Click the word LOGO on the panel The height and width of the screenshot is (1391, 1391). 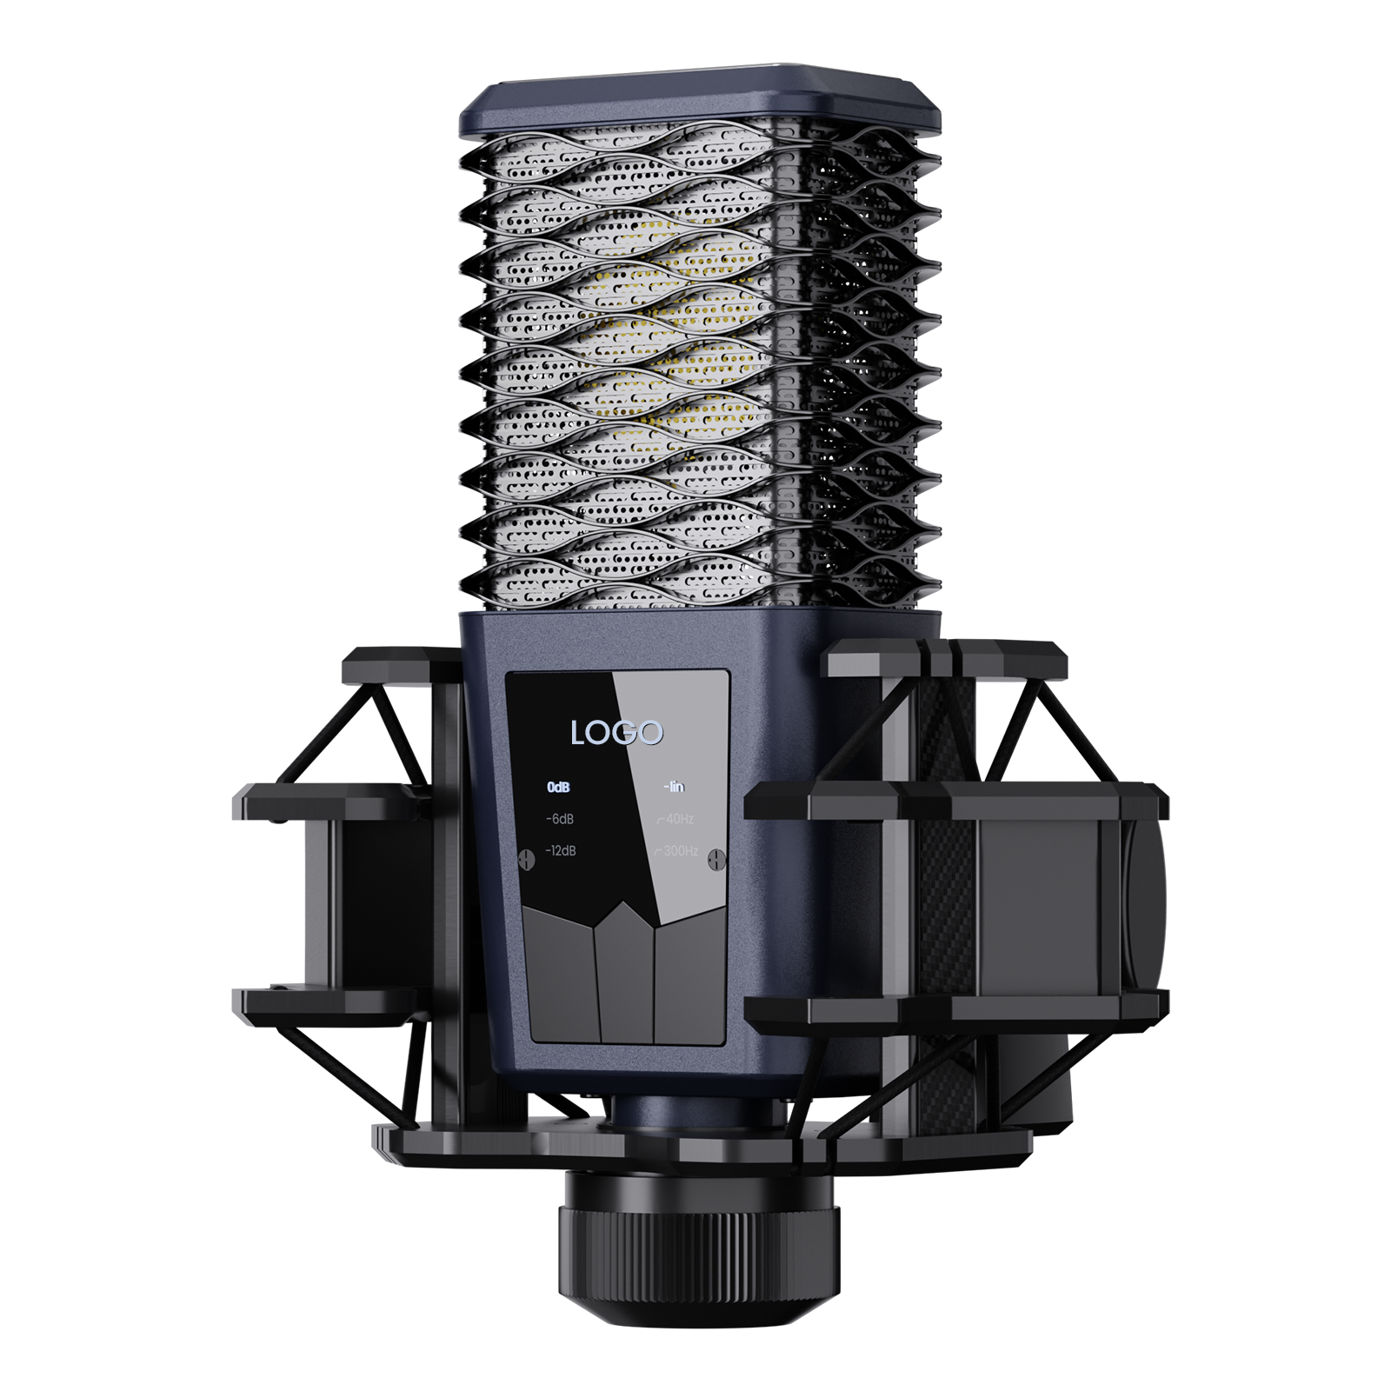(x=616, y=733)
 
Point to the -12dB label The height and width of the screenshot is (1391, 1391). (x=560, y=850)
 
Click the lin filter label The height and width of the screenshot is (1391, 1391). (x=674, y=788)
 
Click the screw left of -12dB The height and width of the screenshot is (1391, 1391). (x=525, y=857)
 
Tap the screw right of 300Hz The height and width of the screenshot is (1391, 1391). (x=715, y=859)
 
